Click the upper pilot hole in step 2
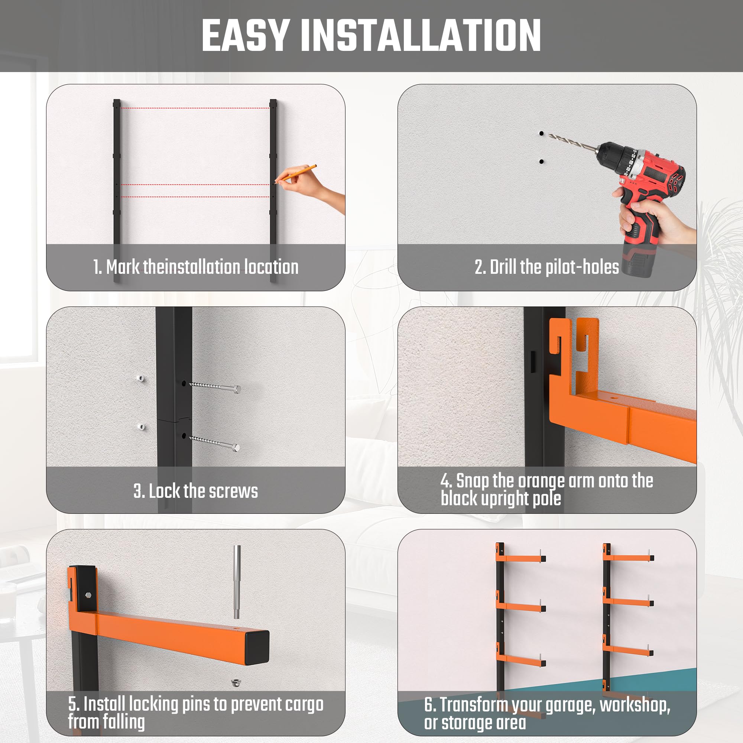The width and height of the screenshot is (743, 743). coord(542,133)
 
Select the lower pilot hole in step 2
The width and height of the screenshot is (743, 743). coord(542,162)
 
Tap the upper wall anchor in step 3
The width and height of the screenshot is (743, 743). coord(140,379)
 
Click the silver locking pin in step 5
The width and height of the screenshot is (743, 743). coord(237,581)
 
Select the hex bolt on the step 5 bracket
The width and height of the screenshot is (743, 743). coord(88,594)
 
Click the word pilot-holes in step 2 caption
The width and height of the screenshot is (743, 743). coord(582,267)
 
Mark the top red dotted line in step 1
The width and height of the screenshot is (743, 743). coord(195,108)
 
